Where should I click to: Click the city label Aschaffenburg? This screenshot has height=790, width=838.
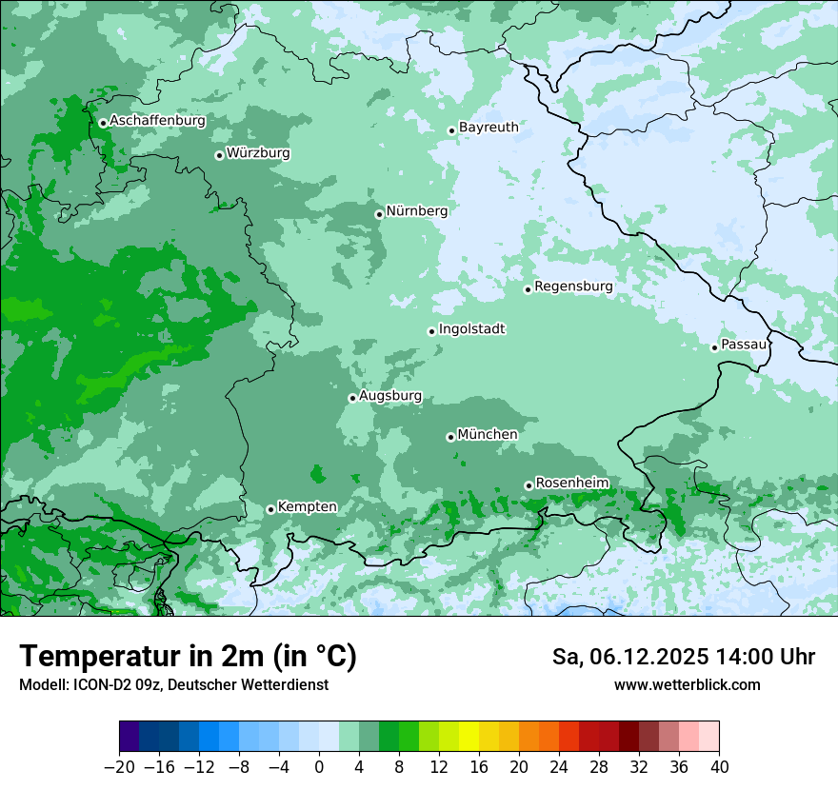coord(157,121)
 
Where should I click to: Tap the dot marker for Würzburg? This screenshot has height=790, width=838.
coord(219,155)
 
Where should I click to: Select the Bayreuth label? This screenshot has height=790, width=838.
coord(489,127)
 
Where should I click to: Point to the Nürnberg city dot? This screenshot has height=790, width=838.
coord(379,214)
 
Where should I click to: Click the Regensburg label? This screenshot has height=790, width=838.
coord(573,286)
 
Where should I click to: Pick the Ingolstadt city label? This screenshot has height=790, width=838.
coord(471,329)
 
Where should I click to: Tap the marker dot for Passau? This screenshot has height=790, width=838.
coord(714,347)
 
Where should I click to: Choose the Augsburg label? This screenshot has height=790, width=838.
coord(390,396)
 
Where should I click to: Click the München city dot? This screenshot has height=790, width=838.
coord(450,437)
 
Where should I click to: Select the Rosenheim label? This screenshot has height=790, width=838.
coord(571,483)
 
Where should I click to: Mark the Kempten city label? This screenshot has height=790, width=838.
coord(307,506)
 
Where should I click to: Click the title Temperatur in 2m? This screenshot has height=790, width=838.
coord(188,657)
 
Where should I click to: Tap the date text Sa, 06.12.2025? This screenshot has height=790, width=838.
coord(628,657)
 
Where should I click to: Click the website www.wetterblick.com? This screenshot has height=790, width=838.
coord(687,684)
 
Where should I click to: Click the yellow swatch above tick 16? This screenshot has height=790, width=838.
coord(469,737)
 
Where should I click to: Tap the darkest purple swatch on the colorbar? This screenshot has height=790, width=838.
coord(130,737)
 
